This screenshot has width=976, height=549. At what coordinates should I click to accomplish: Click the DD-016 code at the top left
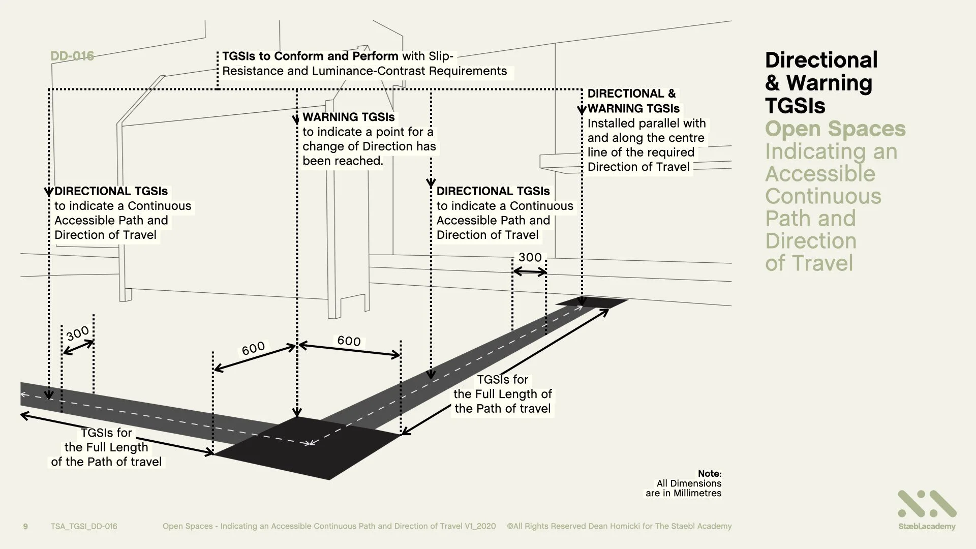pyautogui.click(x=72, y=56)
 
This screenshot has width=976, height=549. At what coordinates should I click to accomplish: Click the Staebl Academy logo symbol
pyautogui.click(x=927, y=504)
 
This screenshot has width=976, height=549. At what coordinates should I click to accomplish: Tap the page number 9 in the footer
pyautogui.click(x=25, y=526)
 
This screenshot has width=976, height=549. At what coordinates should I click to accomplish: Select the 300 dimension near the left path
pyautogui.click(x=77, y=333)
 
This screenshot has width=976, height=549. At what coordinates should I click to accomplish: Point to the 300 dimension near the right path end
pyautogui.click(x=530, y=257)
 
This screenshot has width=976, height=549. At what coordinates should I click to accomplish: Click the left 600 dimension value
pyautogui.click(x=253, y=348)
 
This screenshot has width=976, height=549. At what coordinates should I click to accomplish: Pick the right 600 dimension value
pyautogui.click(x=349, y=341)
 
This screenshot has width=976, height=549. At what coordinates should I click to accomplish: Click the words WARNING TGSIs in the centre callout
pyautogui.click(x=348, y=117)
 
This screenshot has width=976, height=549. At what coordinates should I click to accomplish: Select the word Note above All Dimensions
pyautogui.click(x=709, y=474)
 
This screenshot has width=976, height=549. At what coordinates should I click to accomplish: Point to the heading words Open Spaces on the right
pyautogui.click(x=835, y=129)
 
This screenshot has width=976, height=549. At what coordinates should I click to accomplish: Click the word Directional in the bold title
pyautogui.click(x=821, y=60)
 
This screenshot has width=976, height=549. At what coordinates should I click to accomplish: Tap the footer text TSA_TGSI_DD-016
pyautogui.click(x=84, y=526)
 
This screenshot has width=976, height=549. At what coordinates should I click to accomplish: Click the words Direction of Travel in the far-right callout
pyautogui.click(x=638, y=167)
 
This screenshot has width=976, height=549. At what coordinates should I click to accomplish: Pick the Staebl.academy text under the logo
pyautogui.click(x=926, y=527)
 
